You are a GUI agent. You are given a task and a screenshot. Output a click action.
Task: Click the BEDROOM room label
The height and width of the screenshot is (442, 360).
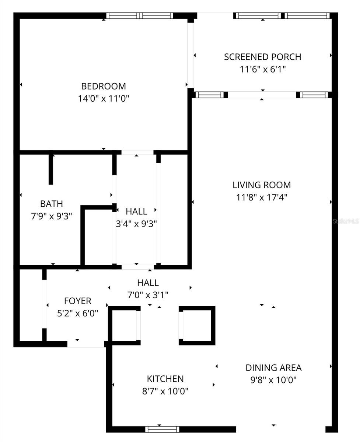click(104, 86)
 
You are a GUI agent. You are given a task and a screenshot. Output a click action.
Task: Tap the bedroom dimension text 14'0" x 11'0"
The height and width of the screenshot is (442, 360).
click(104, 99)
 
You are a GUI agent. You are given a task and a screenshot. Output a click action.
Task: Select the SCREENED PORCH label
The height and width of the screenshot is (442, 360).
click(262, 57)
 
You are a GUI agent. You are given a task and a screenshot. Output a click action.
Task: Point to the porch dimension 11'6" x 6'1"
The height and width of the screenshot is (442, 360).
click(263, 69)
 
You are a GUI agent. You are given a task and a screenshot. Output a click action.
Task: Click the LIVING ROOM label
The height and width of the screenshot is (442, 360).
click(262, 185)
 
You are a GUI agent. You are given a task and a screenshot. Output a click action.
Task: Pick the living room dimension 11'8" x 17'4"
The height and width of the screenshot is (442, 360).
click(262, 197)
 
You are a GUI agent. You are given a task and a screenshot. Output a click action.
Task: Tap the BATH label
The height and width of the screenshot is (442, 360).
click(52, 204)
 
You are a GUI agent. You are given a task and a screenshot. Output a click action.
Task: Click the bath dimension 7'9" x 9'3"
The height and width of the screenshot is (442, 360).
click(52, 216)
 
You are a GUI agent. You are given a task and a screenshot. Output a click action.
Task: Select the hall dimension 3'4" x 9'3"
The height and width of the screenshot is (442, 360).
click(136, 224)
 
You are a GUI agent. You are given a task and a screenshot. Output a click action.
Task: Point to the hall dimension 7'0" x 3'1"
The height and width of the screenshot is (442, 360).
click(148, 295)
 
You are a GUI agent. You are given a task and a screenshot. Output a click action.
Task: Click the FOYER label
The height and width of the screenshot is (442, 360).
click(77, 301)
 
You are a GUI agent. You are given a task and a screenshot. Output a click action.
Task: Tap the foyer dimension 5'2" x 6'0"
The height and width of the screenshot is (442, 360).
click(77, 313)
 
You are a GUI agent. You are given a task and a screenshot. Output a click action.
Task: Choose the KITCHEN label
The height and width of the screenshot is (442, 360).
click(165, 379)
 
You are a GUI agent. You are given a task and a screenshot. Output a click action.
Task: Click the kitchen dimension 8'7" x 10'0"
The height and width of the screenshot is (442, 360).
click(165, 391)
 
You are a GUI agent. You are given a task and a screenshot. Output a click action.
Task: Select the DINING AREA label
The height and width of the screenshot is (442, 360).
click(273, 368)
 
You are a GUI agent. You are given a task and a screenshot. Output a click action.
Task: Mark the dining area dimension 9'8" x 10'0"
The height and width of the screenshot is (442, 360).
click(273, 380)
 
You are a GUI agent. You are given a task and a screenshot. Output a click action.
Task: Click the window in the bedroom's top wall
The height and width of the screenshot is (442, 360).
click(140, 16)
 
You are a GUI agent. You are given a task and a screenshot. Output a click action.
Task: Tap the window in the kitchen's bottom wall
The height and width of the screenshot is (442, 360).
click(162, 429)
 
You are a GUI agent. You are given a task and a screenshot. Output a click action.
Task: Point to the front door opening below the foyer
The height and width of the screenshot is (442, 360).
click(85, 344)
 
